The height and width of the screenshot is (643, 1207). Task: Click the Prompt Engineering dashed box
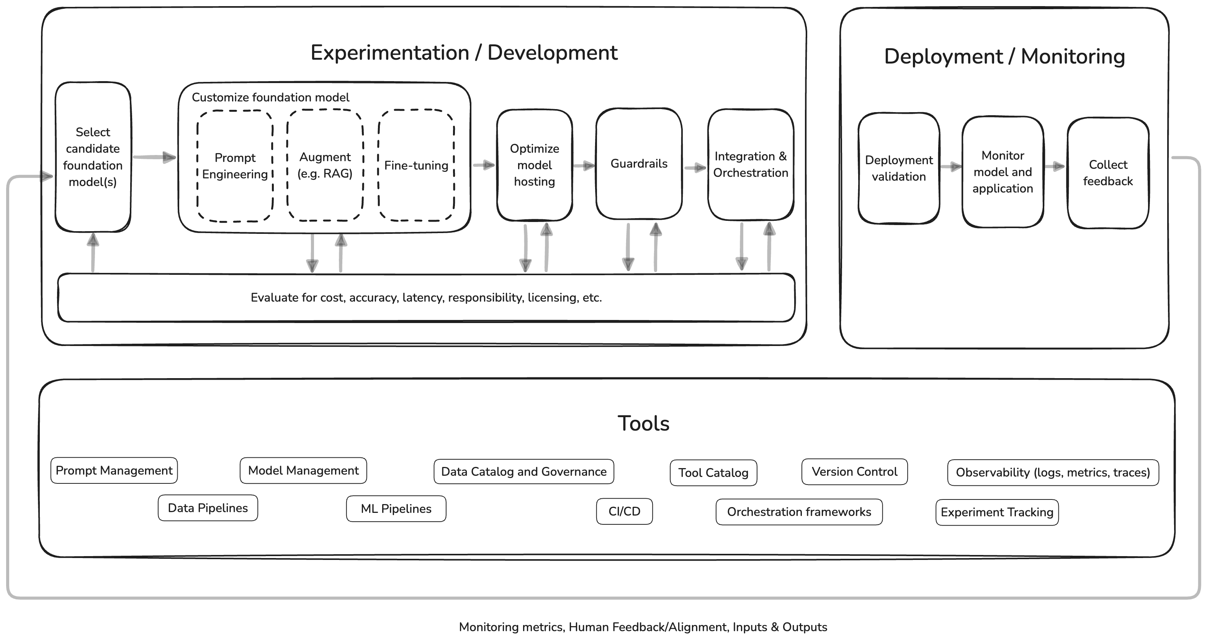235,166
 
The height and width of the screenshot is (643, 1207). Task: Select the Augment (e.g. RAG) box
325,165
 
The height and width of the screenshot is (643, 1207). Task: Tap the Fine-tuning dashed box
416,165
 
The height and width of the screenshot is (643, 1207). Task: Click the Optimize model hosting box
534,165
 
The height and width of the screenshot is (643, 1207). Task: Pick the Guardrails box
639,163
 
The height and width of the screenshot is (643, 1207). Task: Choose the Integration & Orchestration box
751,164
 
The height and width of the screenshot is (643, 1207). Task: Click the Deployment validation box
899,168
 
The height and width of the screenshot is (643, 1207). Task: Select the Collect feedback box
1108,173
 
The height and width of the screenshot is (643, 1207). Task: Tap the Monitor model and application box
1003,172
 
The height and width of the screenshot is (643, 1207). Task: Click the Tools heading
643,423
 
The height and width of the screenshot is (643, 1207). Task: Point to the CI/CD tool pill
624,511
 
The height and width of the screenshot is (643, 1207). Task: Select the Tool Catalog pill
713,473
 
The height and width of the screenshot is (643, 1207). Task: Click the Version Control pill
854,472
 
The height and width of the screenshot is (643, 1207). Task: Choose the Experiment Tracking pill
997,512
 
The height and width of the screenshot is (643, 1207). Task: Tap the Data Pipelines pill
208,508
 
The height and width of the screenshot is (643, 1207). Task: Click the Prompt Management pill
114,471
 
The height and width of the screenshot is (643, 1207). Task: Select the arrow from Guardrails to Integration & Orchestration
695,168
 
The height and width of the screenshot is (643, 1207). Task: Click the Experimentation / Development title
464,52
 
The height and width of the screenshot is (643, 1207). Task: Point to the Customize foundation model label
270,98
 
